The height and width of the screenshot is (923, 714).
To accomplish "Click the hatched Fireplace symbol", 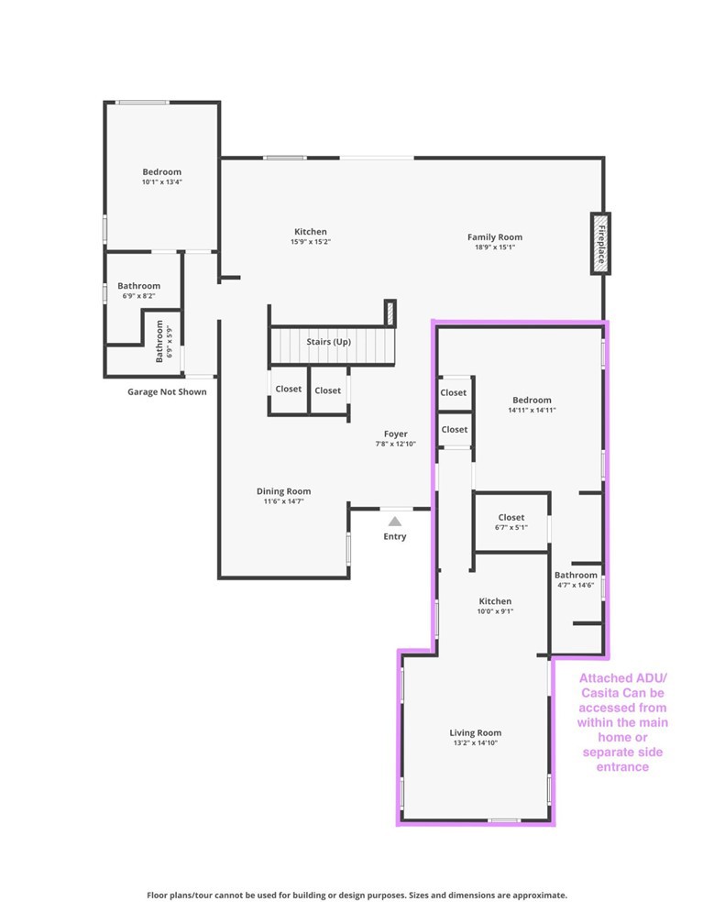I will tap(599, 243).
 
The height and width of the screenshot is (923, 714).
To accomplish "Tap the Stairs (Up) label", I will tap(328, 342).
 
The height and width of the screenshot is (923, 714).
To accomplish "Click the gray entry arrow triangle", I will tap(394, 521).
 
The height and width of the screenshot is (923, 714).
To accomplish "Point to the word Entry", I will tap(394, 537).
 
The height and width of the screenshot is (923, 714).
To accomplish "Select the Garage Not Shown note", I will tap(167, 392).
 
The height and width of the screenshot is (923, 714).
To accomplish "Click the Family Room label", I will tap(494, 237).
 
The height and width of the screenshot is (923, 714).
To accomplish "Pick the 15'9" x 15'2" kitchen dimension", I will tap(310, 242).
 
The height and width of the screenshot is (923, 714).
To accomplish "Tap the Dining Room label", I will tap(283, 491).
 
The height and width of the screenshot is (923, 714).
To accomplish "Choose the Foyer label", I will tap(395, 434).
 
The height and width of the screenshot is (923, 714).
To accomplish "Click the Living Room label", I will tap(475, 732).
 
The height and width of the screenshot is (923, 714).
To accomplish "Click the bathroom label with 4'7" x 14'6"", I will tap(576, 576).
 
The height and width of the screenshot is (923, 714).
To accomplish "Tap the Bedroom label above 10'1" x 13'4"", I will tap(161, 171).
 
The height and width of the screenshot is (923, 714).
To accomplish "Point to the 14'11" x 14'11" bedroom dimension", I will tap(532, 411).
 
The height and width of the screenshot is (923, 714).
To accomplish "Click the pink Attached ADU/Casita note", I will tap(622, 722).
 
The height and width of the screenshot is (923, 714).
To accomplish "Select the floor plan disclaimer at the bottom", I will tap(357, 895).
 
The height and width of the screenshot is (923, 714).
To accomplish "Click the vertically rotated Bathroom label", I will tap(159, 340).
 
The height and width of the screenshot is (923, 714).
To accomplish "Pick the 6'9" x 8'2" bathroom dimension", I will tap(138, 296).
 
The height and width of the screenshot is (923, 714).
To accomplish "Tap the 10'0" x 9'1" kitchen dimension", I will tap(495, 611).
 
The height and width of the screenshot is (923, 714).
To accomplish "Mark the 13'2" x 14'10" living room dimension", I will tap(475, 743).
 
